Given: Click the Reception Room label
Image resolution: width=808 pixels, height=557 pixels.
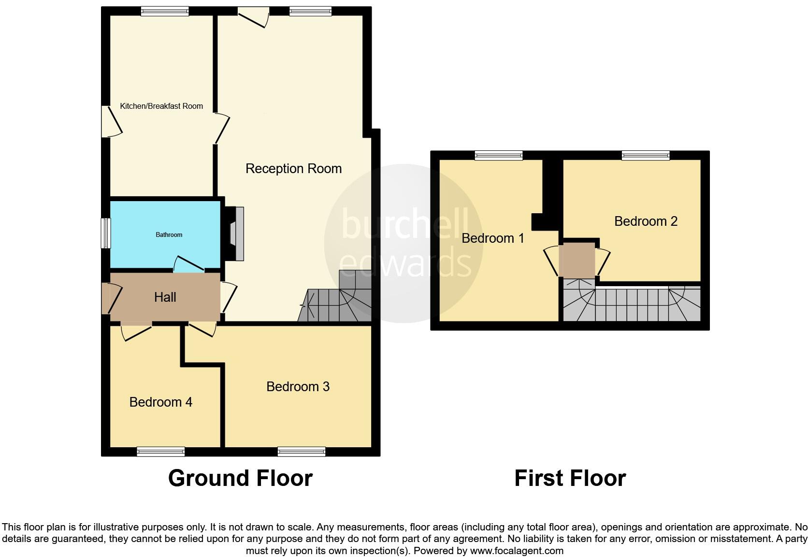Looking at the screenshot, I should click(293, 169).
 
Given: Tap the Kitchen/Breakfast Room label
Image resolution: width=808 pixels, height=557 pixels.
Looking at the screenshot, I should click(161, 106).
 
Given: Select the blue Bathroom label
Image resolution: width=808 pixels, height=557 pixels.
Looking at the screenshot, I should click(169, 235).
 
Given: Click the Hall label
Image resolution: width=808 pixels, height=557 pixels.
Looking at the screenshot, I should click(165, 297).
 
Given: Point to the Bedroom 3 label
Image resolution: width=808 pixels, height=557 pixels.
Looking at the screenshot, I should click(298, 387).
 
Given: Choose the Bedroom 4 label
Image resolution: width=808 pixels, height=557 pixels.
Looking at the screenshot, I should click(160, 402).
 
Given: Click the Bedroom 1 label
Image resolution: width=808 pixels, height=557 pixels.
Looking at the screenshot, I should click(492, 238).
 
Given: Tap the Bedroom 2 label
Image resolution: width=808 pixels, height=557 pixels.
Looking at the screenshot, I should click(646, 221).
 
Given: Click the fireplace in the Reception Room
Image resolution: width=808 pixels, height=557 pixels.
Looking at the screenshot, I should click(235, 234).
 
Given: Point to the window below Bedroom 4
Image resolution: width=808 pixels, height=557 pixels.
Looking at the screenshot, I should click(160, 452).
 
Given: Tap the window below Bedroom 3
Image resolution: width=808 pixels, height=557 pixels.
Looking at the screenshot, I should click(302, 452).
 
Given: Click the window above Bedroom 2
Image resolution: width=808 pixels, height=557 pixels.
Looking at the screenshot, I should click(646, 155).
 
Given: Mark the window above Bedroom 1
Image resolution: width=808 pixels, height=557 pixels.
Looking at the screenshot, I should click(498, 155).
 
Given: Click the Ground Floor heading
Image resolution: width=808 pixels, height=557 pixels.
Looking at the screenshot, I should click(240, 478).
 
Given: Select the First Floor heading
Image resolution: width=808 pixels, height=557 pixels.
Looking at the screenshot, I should click(570, 478).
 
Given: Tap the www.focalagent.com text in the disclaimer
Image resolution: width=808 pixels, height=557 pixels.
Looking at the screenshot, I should click(516, 551).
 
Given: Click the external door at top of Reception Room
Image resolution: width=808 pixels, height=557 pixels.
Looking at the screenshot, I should click(253, 16).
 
